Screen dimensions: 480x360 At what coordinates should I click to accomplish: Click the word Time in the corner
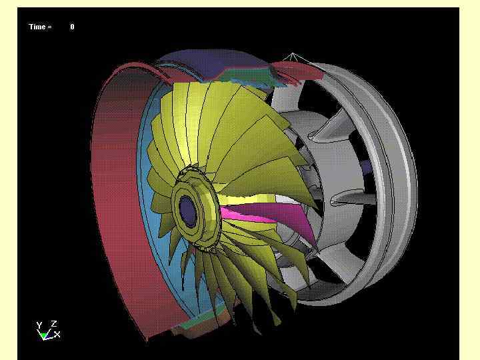tap(37, 27)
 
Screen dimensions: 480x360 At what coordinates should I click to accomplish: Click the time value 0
tap(72, 27)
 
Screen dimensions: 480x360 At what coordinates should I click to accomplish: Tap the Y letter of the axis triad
tap(39, 325)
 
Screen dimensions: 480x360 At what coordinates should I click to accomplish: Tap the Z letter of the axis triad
tap(54, 323)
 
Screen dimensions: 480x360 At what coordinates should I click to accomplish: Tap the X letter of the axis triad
tap(57, 334)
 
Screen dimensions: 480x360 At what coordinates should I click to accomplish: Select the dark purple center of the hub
tap(187, 211)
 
